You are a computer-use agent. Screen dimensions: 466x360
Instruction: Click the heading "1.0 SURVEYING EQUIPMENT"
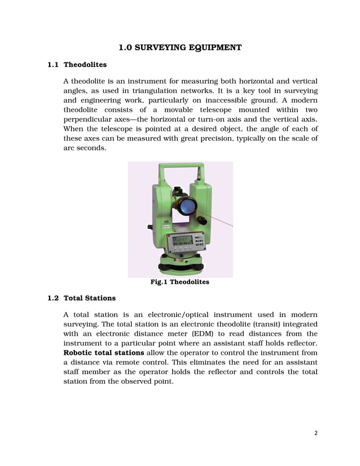tap(180, 47)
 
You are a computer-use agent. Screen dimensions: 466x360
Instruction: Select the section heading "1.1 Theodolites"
tap(77, 65)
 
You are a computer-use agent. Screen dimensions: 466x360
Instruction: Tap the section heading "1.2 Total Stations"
tap(81, 298)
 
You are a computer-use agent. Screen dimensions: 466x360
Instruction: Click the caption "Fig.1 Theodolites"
tap(179, 282)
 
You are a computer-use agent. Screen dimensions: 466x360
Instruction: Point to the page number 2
tap(316, 433)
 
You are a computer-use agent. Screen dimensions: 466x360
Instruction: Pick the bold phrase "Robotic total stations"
tap(103, 353)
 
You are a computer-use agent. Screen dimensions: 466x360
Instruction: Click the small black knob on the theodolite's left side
tap(150, 227)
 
